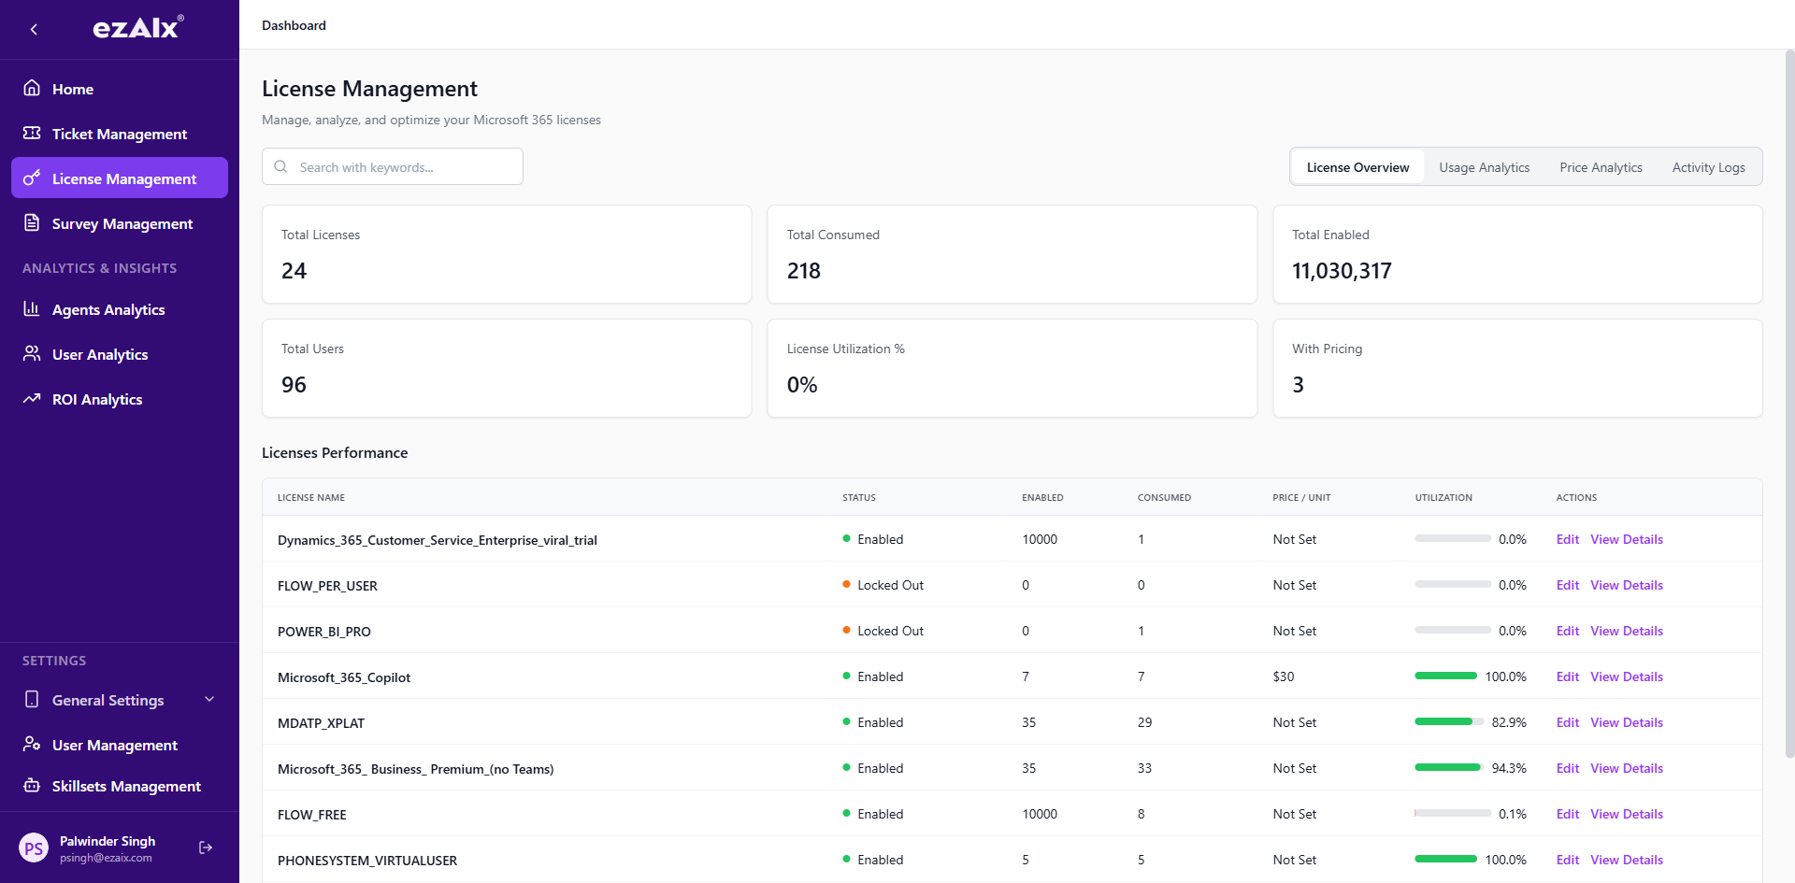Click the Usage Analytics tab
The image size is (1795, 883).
1484,167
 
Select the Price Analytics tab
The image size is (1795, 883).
1601,167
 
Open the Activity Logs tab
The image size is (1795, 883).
1708,167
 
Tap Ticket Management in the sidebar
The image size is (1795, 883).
119,134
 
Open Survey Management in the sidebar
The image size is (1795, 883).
122,223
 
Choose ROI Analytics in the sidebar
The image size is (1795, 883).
97,399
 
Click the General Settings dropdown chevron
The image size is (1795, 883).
209,699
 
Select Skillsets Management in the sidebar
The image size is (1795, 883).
126,786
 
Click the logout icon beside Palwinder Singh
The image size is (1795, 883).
206,847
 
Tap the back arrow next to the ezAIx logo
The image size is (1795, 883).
34,29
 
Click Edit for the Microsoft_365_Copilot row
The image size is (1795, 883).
1567,676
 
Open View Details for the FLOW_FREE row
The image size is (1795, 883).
1626,814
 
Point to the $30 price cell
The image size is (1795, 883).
1283,676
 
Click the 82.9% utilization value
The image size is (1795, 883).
1508,722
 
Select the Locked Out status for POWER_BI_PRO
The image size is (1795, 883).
889,631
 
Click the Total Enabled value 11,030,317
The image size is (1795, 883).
1341,271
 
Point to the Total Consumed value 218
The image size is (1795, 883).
803,271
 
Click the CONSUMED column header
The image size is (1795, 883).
1163,497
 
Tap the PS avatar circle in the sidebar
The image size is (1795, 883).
34,848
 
